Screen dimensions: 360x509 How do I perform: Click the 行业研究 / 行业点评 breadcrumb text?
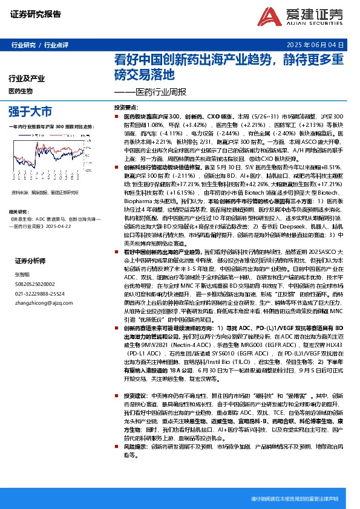point(41,45)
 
